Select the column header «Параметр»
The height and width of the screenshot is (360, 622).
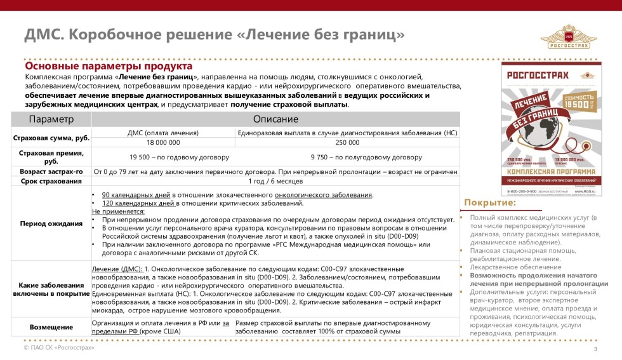pos(51,119)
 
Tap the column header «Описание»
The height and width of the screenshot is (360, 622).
pos(275,119)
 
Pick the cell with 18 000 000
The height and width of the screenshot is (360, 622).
pos(163,143)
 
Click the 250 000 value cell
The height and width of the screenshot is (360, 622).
pos(347,143)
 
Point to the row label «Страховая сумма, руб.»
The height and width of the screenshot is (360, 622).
pos(51,138)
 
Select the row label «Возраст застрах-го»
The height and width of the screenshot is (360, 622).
pos(51,171)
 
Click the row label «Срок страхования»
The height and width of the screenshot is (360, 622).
pos(51,182)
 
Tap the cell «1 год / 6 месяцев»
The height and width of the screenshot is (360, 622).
pos(275,182)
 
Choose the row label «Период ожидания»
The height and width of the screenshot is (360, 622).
pos(51,223)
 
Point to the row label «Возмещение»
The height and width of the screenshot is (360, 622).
pos(51,326)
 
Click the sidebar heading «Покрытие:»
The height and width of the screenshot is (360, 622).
pos(490,203)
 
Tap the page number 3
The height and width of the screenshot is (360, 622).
pos(595,350)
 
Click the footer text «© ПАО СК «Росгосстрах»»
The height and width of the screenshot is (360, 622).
pos(58,349)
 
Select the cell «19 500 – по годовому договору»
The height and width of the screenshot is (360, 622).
pos(163,157)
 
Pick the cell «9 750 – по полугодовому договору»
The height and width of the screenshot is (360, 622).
pos(347,157)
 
